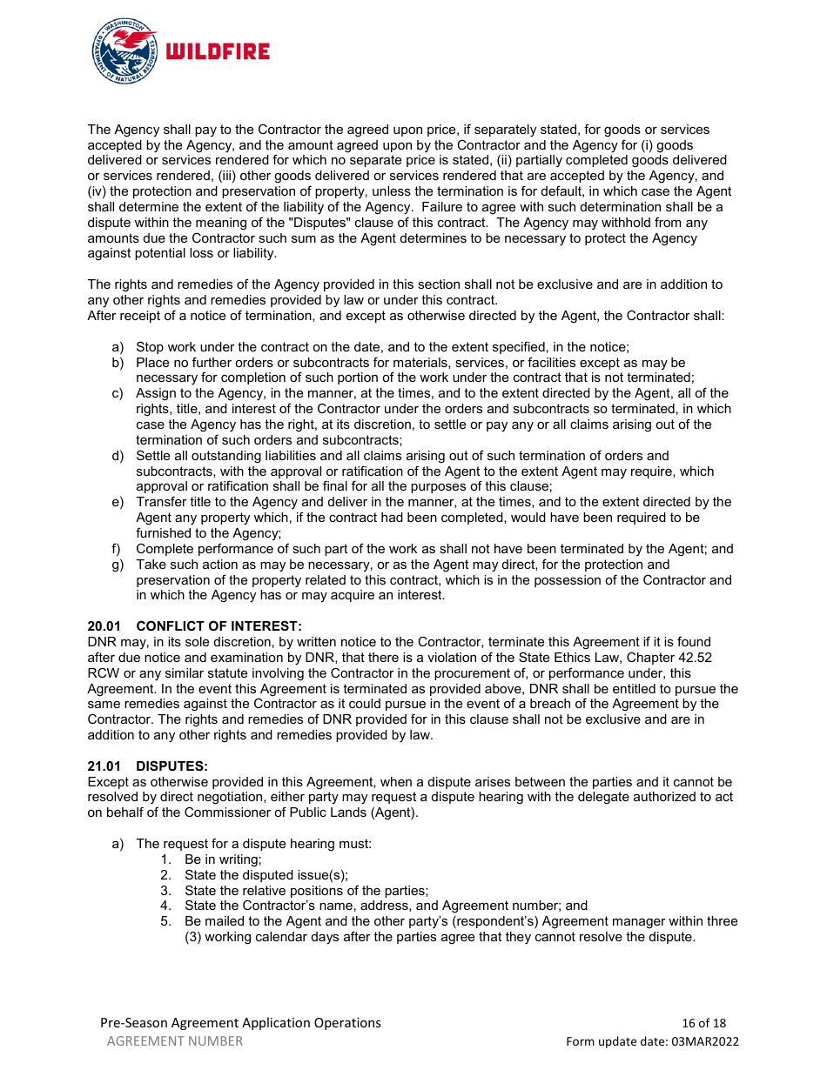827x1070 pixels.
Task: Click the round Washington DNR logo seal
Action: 124,51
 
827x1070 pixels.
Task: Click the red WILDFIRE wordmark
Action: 218,52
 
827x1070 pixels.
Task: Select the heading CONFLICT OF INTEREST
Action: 219,626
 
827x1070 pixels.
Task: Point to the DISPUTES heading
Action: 171,766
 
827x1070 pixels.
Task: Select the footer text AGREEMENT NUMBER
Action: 175,1041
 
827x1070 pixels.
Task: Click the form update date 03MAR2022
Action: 703,1041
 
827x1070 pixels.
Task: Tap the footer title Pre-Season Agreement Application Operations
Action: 240,1023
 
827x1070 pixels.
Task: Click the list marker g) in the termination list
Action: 117,565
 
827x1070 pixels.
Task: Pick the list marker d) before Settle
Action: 117,456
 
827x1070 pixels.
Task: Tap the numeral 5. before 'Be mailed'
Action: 165,921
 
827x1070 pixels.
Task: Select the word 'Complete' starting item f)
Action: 164,549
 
